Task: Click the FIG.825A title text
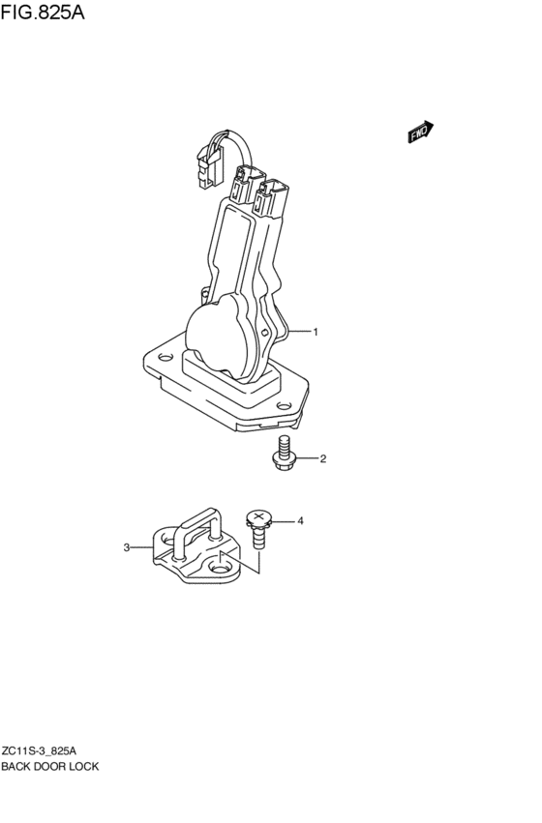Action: [x=42, y=12]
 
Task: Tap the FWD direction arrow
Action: [x=421, y=132]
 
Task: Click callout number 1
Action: [x=316, y=332]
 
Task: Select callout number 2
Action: [x=323, y=458]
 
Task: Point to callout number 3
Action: [x=127, y=547]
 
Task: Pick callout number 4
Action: [x=300, y=521]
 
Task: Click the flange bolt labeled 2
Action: [x=284, y=453]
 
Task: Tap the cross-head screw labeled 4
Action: [x=257, y=529]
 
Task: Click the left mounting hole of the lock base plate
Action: [x=166, y=358]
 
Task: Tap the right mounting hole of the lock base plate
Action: [x=285, y=406]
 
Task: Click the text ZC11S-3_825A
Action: [x=39, y=750]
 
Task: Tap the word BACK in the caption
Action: [x=16, y=766]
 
